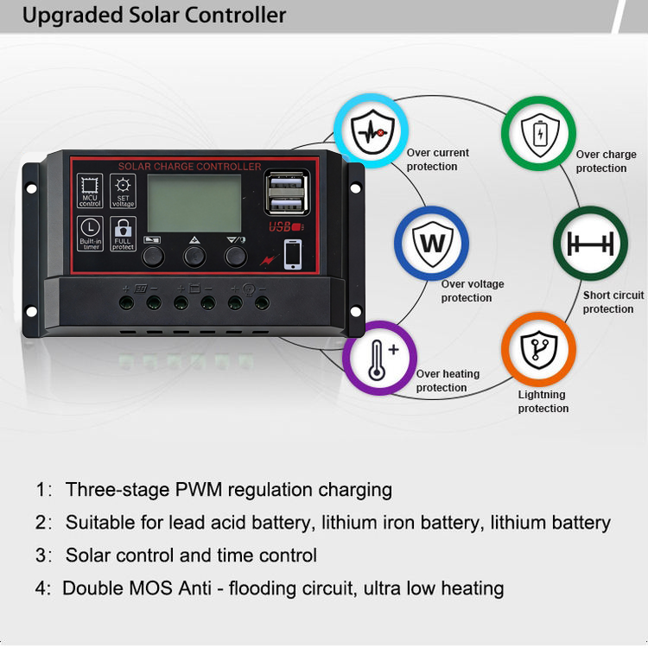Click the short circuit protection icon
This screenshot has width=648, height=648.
(x=591, y=244)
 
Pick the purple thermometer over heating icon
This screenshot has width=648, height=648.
(x=379, y=358)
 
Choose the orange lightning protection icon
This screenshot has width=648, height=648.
(x=538, y=348)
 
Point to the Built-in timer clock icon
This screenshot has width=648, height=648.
(x=90, y=229)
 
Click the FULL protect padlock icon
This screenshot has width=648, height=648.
(x=124, y=229)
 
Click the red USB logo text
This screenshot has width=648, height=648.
(x=283, y=228)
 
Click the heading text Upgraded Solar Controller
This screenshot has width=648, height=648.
(x=155, y=16)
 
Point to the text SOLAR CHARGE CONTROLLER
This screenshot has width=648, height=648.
(x=189, y=166)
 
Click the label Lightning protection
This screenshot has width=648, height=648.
(x=543, y=402)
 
